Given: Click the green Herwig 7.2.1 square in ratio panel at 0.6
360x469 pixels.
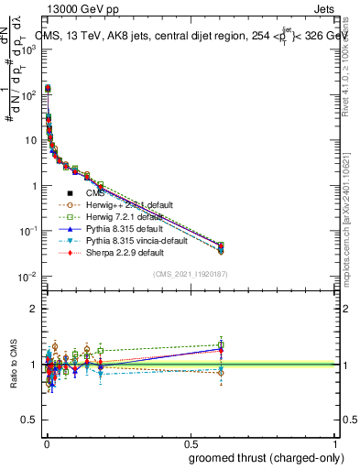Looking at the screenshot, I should [221, 345].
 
